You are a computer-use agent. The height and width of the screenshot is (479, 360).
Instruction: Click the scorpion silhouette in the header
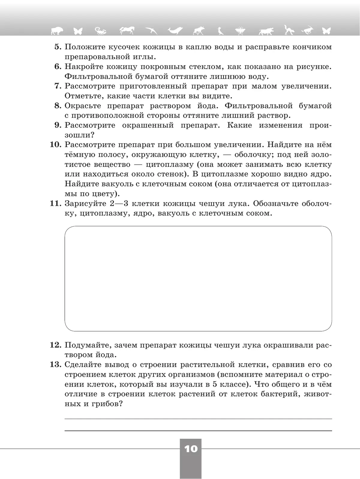pyautogui.click(x=100, y=30)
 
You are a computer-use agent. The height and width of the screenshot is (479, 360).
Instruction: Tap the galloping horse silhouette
pyautogui.click(x=127, y=30)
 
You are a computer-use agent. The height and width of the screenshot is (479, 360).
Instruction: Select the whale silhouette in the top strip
pyautogui.click(x=175, y=30)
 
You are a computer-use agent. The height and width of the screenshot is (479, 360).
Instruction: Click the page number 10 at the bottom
pyautogui.click(x=191, y=449)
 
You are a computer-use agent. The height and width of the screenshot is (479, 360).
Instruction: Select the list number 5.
pyautogui.click(x=58, y=47)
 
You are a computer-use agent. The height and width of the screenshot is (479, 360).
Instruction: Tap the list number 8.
pyautogui.click(x=58, y=106)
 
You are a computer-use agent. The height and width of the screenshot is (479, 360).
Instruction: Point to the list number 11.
pyautogui.click(x=55, y=204)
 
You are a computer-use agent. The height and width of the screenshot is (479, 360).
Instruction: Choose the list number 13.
pyautogui.click(x=55, y=365)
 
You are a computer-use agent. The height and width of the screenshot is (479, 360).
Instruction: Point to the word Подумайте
pyautogui.click(x=86, y=345)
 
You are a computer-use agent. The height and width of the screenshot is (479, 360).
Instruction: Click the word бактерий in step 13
pyautogui.click(x=275, y=394)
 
